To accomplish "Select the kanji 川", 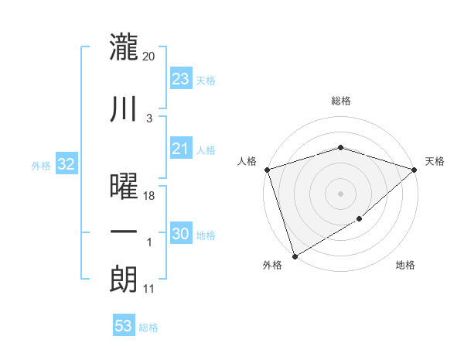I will tap(125, 110).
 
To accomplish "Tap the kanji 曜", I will tap(125, 187).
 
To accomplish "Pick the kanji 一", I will tap(125, 232).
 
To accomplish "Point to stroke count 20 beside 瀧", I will tap(149, 56).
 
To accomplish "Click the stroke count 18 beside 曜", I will tap(149, 196).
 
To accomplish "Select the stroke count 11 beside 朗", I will tap(149, 289).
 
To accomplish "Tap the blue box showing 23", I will tap(180, 79).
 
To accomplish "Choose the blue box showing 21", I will tap(180, 149).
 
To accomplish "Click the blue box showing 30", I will tap(180, 234).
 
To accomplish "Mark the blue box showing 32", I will tap(66, 164).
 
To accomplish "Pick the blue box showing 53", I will tap(124, 326).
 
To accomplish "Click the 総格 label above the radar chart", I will tap(340, 101).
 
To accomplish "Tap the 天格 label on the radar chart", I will tap(435, 161).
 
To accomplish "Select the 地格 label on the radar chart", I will tap(405, 266).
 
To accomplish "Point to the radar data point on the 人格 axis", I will tap(267, 170).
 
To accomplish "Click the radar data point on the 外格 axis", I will tap(295, 256).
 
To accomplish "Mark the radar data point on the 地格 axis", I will tap(360, 220).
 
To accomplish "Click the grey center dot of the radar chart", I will tap(340, 193).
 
